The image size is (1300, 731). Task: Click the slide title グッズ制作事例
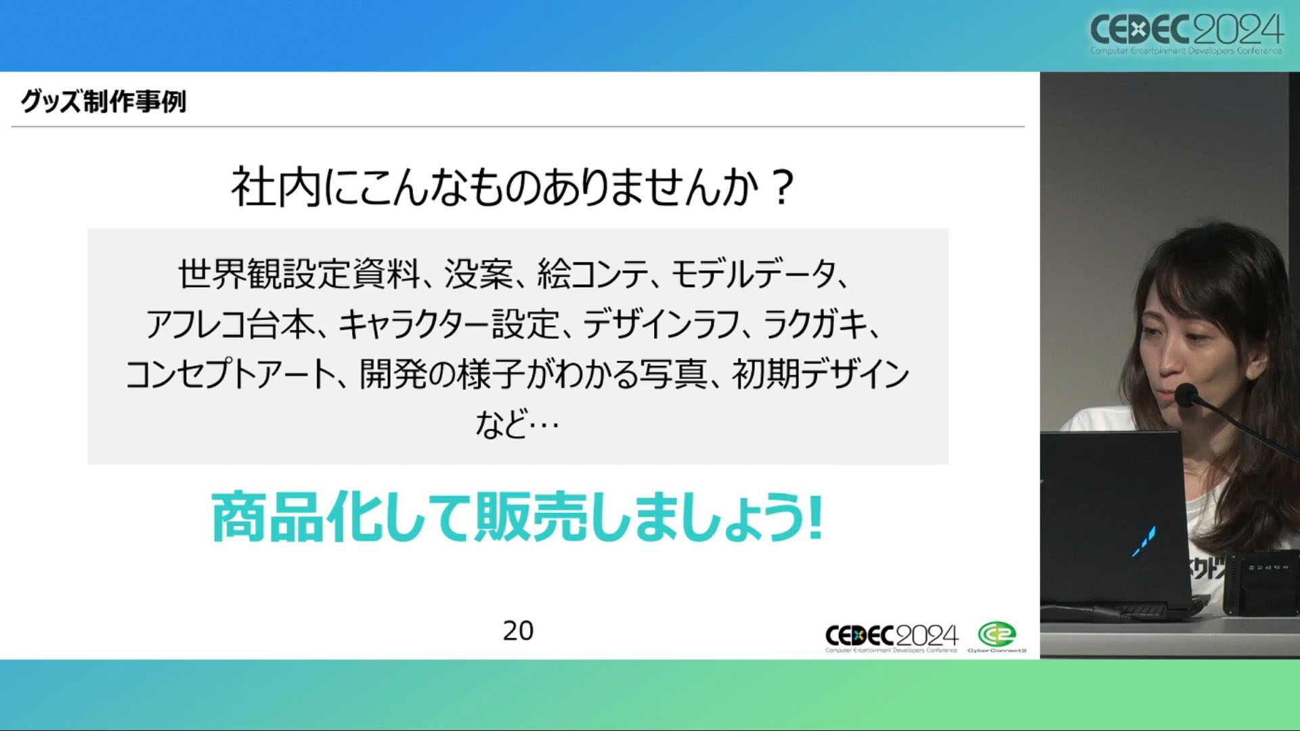tap(104, 102)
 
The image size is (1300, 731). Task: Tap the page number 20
tap(518, 631)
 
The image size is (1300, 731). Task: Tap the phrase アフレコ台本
tap(231, 325)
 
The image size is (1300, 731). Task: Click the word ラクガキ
tap(816, 325)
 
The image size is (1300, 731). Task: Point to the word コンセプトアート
tap(231, 374)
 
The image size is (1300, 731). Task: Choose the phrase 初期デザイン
tap(821, 374)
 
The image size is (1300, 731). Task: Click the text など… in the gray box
tap(518, 424)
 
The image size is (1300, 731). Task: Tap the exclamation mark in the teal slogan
tap(815, 517)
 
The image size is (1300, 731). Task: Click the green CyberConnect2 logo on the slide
tap(997, 637)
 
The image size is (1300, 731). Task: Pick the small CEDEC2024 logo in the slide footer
tap(892, 638)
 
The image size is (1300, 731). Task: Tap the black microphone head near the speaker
tap(1186, 395)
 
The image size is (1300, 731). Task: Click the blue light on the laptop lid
tap(1144, 542)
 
